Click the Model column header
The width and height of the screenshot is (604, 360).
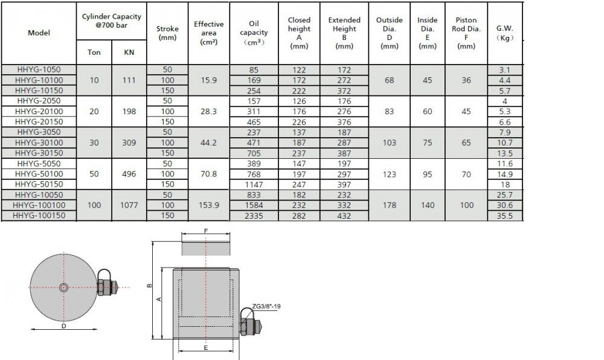39,33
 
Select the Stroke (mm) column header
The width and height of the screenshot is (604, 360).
167,33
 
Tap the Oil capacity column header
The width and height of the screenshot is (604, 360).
254,33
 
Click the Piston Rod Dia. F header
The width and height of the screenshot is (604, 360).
466,33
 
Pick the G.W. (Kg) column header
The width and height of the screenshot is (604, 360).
504,33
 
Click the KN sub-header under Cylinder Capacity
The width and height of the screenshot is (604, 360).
129,53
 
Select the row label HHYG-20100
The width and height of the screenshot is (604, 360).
39,111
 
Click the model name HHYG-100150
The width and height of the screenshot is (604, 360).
39,216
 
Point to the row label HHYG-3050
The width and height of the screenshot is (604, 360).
39,132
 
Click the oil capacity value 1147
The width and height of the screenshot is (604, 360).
254,184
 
